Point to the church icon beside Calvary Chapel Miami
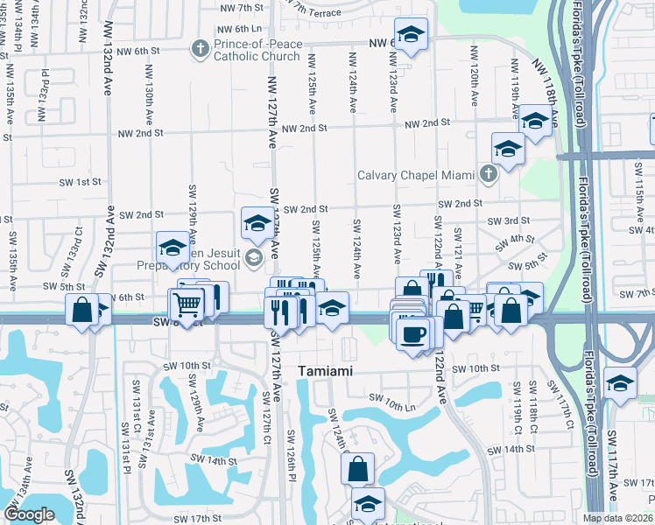click(489, 174)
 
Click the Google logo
click(29, 514)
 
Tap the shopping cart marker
click(187, 305)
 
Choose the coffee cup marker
click(413, 332)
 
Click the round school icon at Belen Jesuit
click(254, 256)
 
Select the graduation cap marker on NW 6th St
click(410, 35)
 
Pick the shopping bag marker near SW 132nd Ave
click(82, 311)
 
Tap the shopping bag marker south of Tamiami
click(358, 469)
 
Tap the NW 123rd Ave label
click(395, 80)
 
